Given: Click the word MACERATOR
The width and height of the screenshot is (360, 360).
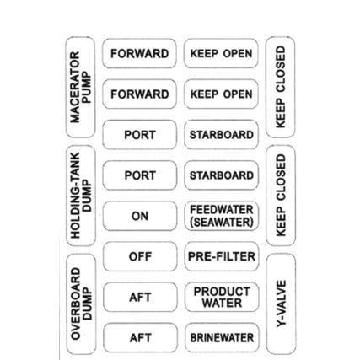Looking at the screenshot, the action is pos(75,87).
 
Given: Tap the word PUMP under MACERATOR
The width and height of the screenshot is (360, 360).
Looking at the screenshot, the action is pos(86,87).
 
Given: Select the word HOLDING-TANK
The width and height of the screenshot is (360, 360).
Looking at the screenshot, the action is pos(75,196).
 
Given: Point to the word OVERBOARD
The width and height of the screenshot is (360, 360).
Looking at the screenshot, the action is pos(76,304).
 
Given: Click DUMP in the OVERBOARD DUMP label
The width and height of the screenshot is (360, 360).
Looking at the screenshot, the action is pos(87,304).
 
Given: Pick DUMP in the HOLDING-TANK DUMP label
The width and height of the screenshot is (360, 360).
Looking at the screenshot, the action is pos(87,196).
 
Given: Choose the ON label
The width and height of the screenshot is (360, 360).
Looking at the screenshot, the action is pos(140,216).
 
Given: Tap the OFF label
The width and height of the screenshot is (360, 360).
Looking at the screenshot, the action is pos(140,256).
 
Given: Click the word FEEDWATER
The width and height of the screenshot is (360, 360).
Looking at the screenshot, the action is pos(222,210).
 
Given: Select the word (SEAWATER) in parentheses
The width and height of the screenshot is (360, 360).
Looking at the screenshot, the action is pos(222,223).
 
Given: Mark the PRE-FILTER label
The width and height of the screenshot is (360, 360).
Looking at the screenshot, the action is pos(222,256).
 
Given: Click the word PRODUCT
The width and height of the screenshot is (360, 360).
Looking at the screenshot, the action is pos(222,292).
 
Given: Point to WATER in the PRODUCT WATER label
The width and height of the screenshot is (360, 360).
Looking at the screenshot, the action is pos(222,304).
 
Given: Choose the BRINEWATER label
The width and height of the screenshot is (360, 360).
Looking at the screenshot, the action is pos(222,338).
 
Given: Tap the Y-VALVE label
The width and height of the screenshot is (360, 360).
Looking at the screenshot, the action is pos(281,304).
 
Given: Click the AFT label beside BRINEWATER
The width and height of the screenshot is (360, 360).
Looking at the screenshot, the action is pos(140,338).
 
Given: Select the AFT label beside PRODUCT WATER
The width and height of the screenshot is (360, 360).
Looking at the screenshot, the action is pos(140,298).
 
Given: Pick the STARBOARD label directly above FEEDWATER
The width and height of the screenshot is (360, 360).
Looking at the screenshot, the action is pos(222,175).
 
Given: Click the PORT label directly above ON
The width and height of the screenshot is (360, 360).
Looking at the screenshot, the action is pos(140,175).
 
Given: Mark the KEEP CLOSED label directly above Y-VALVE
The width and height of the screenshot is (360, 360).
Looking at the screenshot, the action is pos(281,196).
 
